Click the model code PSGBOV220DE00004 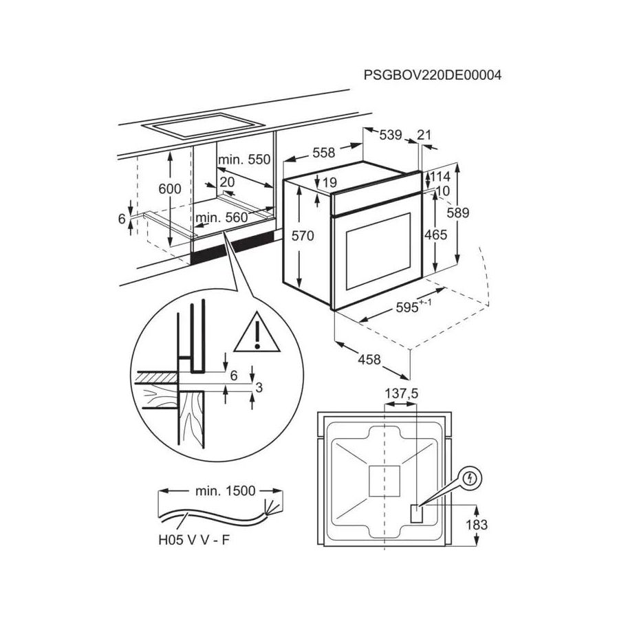click(433, 75)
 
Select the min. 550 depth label click(244, 160)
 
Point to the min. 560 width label click(221, 218)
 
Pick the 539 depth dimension click(390, 135)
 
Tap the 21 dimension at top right click(424, 135)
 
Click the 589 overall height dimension click(457, 213)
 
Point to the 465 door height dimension click(435, 235)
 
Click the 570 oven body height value click(302, 236)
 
